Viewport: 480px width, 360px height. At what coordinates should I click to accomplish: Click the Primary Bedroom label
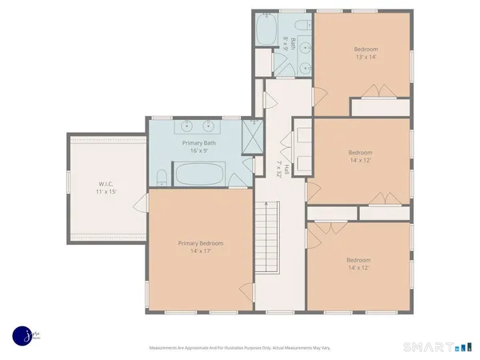pyautogui.click(x=200, y=243)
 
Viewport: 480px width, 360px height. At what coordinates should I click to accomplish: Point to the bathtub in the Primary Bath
pyautogui.click(x=199, y=173)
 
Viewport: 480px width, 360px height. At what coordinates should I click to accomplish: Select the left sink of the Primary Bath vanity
pyautogui.click(x=186, y=126)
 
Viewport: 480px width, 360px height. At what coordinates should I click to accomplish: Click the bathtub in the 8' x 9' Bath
pyautogui.click(x=266, y=32)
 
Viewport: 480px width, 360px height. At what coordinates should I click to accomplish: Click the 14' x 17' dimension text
pyautogui.click(x=200, y=252)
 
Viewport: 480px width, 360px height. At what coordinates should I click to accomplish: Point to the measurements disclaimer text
pyautogui.click(x=239, y=348)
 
